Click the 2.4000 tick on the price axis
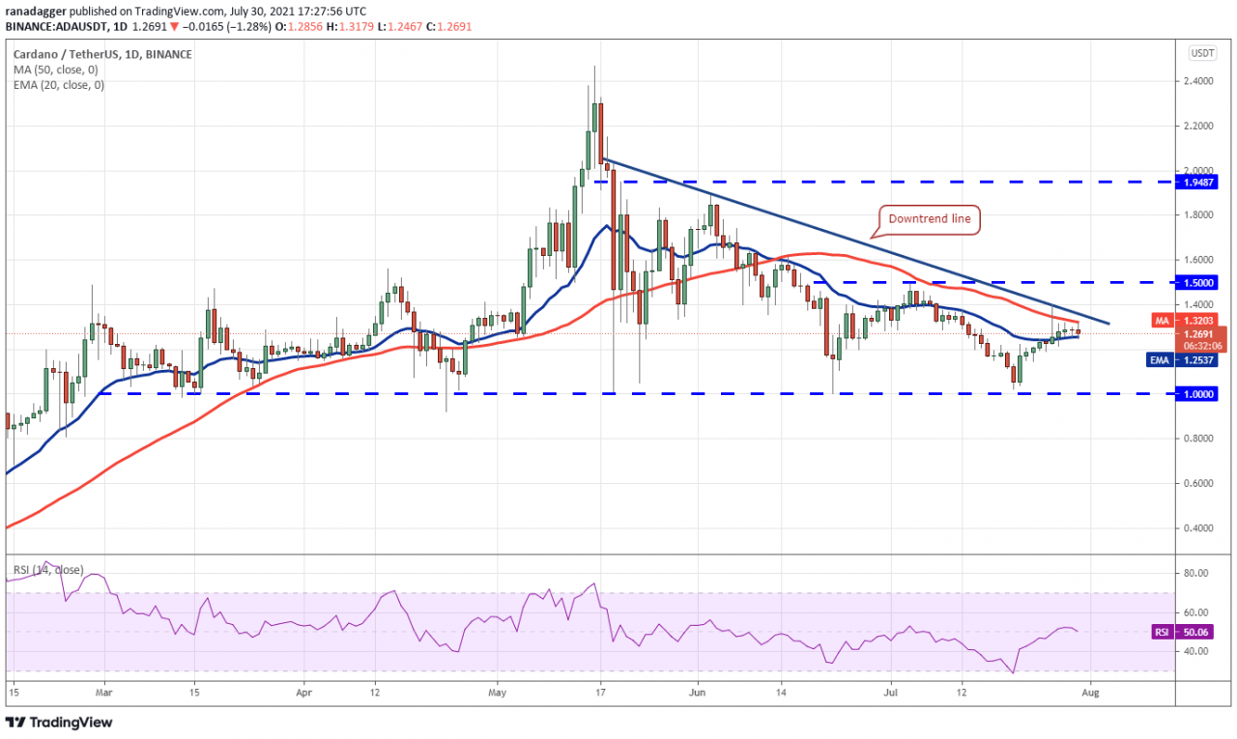click(1200, 81)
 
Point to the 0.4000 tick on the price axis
click(1200, 528)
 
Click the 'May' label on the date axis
click(498, 692)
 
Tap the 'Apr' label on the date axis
click(304, 692)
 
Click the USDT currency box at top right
click(1202, 53)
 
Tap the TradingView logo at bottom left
click(60, 722)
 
